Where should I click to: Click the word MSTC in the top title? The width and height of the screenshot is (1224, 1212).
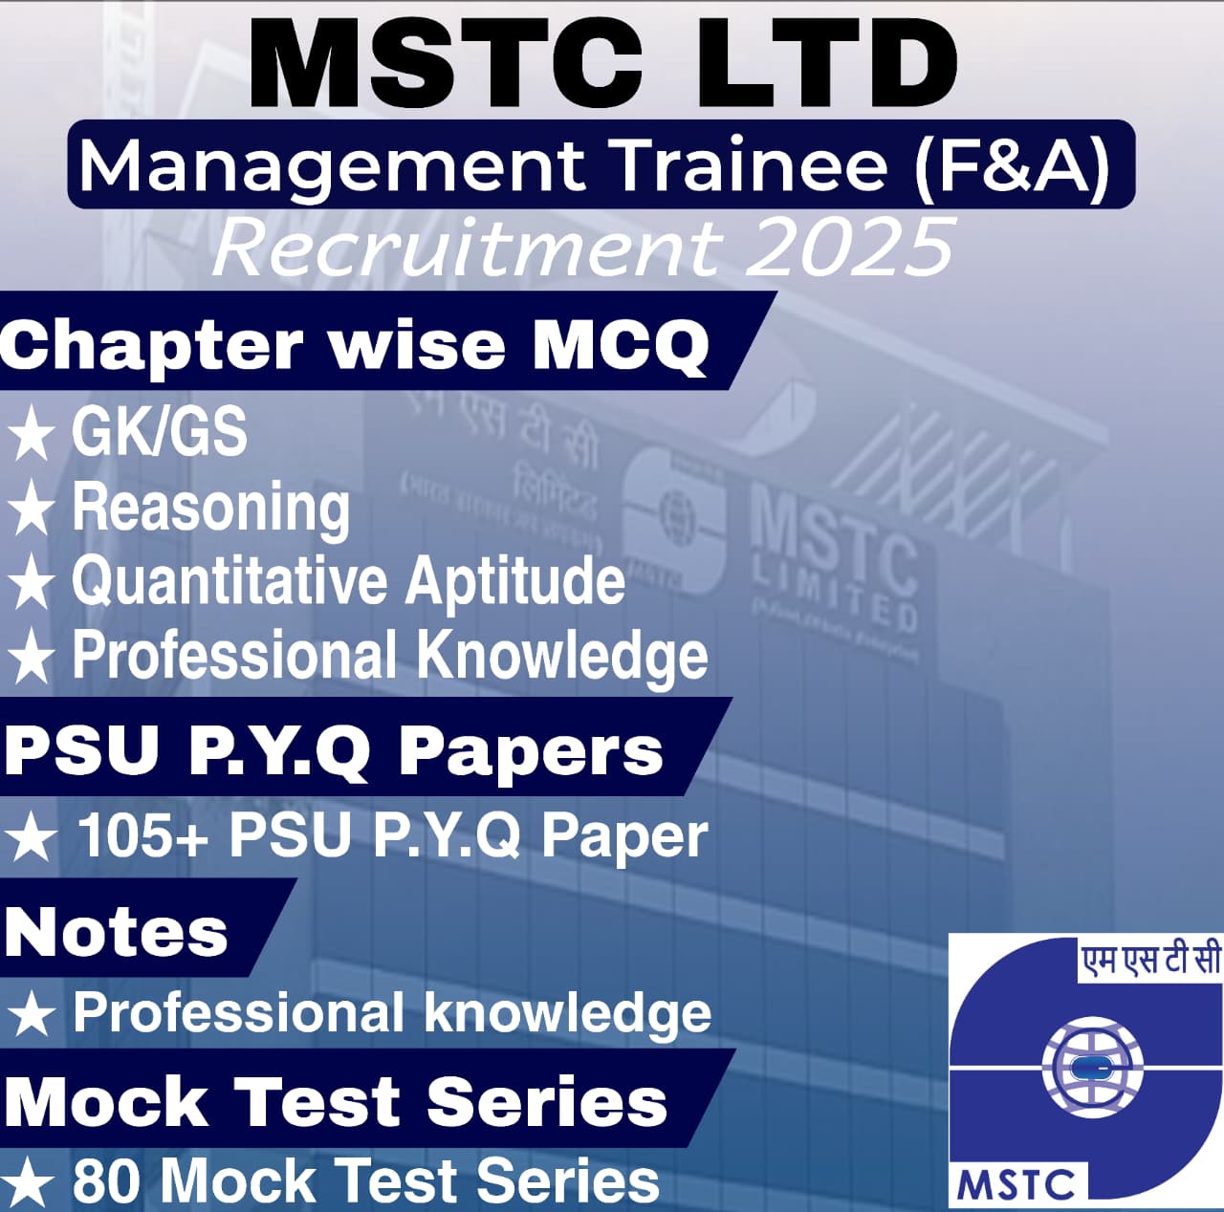pyautogui.click(x=446, y=64)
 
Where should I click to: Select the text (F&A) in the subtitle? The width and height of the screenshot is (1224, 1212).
pyautogui.click(x=1012, y=165)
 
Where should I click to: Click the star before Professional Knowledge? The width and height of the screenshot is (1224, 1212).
pyautogui.click(x=32, y=658)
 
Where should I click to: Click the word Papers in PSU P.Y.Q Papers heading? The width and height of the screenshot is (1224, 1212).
pyautogui.click(x=530, y=751)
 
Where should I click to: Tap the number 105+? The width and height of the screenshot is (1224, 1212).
pyautogui.click(x=142, y=835)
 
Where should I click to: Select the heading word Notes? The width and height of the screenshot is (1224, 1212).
pyautogui.click(x=116, y=932)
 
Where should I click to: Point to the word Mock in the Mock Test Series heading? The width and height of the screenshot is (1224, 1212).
pyautogui.click(x=106, y=1102)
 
